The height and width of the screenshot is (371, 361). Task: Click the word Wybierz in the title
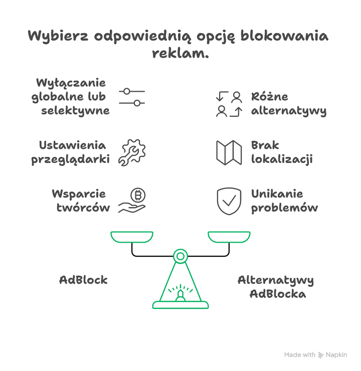click(x=58, y=37)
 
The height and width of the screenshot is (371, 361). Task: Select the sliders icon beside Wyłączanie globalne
click(x=132, y=97)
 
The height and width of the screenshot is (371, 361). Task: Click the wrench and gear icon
click(x=132, y=152)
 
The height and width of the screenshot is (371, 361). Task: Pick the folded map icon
click(x=229, y=152)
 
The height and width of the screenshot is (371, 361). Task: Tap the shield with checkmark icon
click(x=229, y=201)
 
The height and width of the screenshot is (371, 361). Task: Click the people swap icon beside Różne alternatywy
click(x=229, y=104)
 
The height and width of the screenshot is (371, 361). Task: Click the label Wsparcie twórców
click(x=81, y=201)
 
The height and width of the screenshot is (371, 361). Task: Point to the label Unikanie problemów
click(x=284, y=201)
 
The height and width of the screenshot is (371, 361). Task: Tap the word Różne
click(x=270, y=97)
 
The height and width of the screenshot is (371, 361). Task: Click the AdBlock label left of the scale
click(x=83, y=280)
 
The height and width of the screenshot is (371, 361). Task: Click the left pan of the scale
click(x=132, y=236)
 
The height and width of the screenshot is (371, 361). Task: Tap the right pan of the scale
click(x=229, y=236)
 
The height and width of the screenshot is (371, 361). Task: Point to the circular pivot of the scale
click(x=180, y=256)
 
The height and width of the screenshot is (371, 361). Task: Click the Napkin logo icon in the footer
click(x=321, y=355)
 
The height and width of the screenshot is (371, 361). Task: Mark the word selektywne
click(x=76, y=110)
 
